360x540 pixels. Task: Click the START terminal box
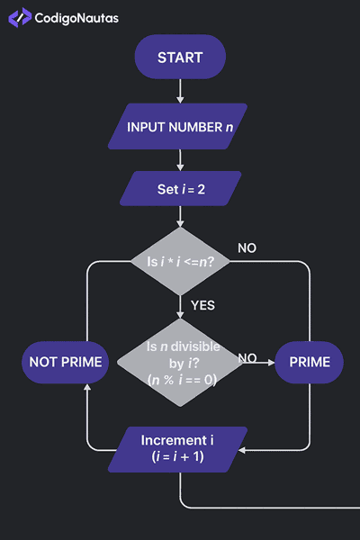[180, 58]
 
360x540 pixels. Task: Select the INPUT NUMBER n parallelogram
[180, 127]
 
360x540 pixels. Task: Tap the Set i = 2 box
[181, 189]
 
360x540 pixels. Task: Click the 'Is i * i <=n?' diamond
[180, 262]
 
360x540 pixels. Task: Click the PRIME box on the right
[309, 363]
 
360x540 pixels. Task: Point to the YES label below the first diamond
[202, 305]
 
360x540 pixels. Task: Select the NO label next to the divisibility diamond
[248, 358]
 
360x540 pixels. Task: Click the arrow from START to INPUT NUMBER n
[180, 91]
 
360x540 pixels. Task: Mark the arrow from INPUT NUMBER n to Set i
[180, 159]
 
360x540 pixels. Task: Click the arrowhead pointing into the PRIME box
[270, 363]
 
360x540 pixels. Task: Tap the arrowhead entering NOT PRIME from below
[87, 388]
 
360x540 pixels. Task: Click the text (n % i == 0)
[180, 379]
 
